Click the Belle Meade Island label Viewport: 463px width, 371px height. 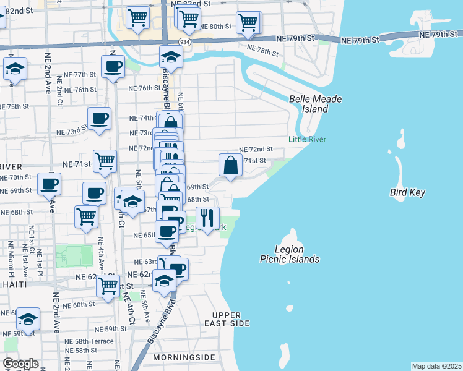click(x=315, y=104)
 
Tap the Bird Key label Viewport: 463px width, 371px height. click(x=407, y=192)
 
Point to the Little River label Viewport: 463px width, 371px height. click(x=308, y=139)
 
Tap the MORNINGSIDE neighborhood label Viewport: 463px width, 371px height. click(x=184, y=357)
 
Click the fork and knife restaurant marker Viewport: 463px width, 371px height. click(x=207, y=218)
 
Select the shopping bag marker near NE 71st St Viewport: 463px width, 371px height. click(x=230, y=165)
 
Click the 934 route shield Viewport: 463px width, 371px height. click(x=184, y=41)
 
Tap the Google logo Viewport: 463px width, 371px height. click(x=20, y=364)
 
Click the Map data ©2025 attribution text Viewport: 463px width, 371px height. click(x=436, y=366)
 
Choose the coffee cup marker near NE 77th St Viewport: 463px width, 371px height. click(x=113, y=67)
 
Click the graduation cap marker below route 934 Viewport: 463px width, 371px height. click(x=171, y=58)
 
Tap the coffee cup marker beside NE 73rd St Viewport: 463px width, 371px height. click(x=99, y=118)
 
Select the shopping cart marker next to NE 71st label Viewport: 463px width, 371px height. click(x=105, y=161)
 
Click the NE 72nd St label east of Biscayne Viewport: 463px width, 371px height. click(x=256, y=150)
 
